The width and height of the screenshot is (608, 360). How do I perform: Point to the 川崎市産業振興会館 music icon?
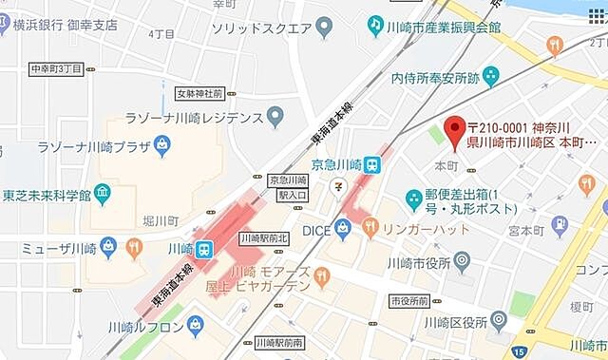376,24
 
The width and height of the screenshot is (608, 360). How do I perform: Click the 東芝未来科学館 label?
47,196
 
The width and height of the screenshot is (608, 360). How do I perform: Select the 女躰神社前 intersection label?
199,94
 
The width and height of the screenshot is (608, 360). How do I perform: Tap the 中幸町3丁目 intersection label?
56,68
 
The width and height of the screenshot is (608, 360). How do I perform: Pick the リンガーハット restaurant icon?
370,227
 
